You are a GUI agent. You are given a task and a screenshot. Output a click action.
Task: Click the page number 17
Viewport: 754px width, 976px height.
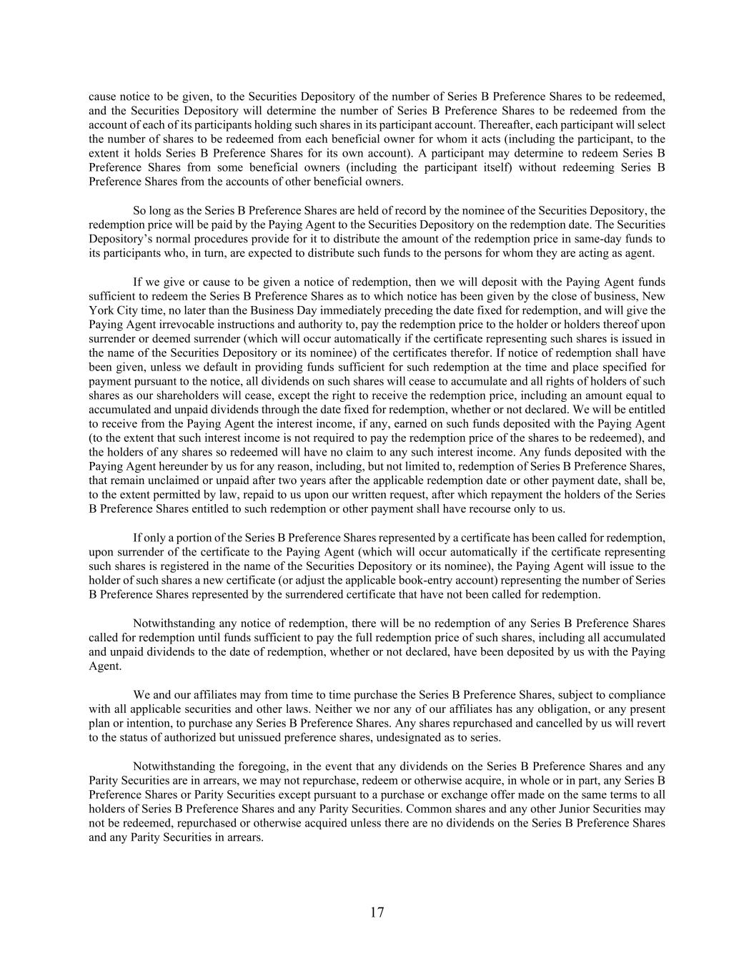(377, 912)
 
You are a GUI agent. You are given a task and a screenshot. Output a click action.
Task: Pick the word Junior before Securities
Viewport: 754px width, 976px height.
(542, 809)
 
